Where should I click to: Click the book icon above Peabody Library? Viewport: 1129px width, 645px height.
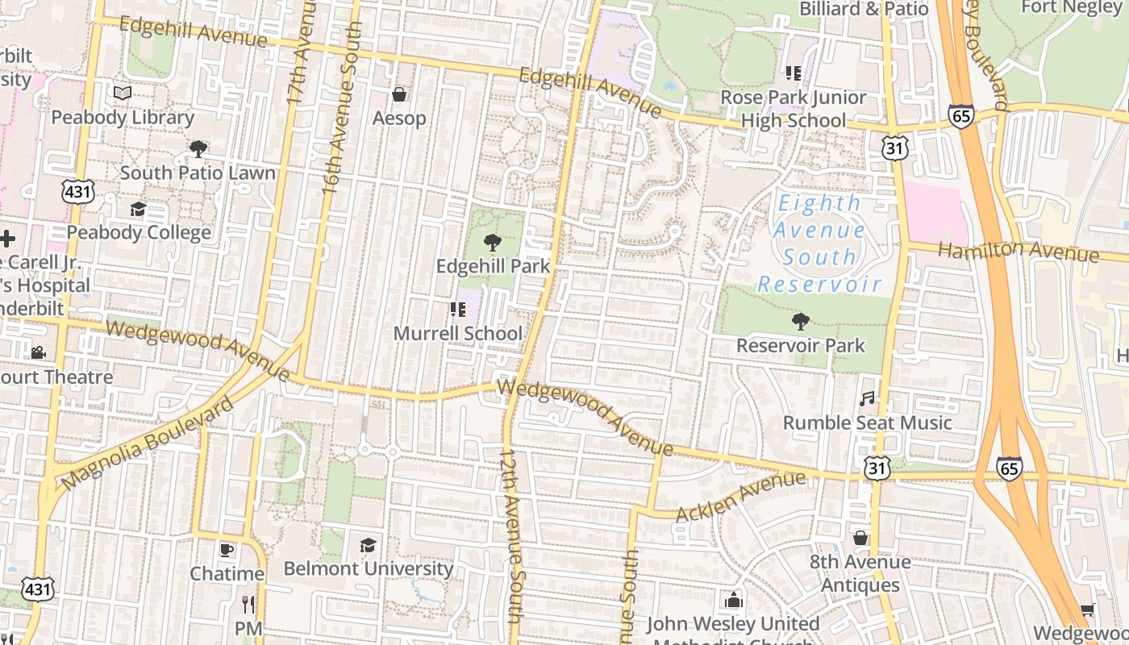pyautogui.click(x=123, y=94)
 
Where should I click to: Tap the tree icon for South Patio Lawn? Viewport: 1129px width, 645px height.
pyautogui.click(x=198, y=149)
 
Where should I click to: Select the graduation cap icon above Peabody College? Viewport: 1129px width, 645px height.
pyautogui.click(x=139, y=210)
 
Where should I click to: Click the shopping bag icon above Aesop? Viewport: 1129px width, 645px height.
pyautogui.click(x=398, y=95)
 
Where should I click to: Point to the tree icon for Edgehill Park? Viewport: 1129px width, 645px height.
pyautogui.click(x=492, y=242)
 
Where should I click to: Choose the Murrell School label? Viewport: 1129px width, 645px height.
pyautogui.click(x=457, y=334)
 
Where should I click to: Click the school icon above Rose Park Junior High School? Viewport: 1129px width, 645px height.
pyautogui.click(x=793, y=73)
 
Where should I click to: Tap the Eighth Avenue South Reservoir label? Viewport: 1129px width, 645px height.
pyautogui.click(x=819, y=243)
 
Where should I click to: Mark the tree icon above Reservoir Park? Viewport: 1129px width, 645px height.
pyautogui.click(x=800, y=322)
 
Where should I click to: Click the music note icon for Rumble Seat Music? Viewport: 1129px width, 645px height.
pyautogui.click(x=867, y=399)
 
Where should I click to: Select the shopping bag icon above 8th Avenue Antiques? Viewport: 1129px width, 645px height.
pyautogui.click(x=860, y=538)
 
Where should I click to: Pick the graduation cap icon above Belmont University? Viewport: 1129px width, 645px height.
pyautogui.click(x=368, y=546)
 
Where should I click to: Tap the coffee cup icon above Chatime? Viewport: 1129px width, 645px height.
pyautogui.click(x=227, y=550)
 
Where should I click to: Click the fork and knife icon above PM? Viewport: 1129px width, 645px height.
pyautogui.click(x=248, y=604)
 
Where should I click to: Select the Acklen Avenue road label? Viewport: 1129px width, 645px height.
pyautogui.click(x=740, y=497)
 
